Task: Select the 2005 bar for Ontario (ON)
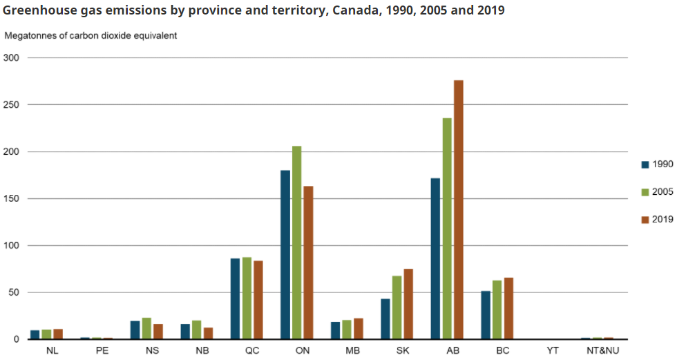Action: [296, 243]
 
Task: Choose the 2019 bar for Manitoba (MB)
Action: [359, 328]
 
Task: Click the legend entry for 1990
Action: [657, 164]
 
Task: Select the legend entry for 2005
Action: [657, 192]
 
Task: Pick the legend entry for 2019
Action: [657, 220]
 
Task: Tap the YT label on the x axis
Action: [553, 350]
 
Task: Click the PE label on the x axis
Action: [102, 350]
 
